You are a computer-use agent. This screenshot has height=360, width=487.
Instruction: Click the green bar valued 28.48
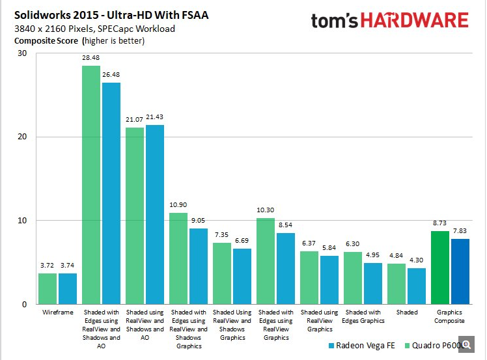click(91, 186)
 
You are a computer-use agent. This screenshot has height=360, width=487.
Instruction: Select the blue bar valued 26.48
click(111, 193)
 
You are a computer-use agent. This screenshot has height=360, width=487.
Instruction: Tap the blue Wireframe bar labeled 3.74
click(68, 289)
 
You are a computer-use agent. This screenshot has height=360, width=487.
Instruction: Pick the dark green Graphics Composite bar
click(440, 268)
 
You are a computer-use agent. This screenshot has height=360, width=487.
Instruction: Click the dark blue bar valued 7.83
click(460, 271)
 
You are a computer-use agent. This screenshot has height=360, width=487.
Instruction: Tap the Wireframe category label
click(57, 312)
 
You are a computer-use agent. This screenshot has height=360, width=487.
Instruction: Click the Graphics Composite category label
click(450, 316)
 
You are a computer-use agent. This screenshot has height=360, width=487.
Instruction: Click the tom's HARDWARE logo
click(389, 21)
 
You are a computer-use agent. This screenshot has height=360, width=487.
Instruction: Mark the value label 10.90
click(178, 206)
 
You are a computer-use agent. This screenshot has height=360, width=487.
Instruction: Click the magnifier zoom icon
click(467, 345)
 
